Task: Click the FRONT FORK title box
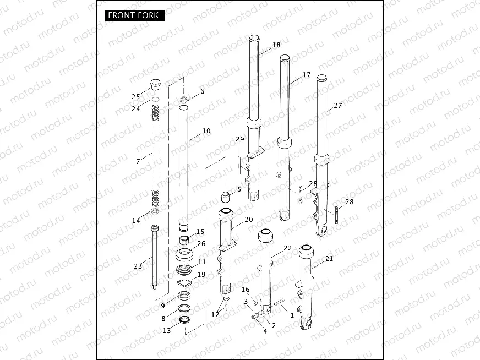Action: (133, 15)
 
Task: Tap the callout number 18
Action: (276, 45)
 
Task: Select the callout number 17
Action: (307, 75)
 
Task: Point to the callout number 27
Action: (337, 105)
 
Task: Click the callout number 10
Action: (206, 131)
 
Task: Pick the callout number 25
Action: (135, 97)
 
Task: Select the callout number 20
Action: (248, 219)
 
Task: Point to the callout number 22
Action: (287, 248)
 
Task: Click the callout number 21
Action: (329, 259)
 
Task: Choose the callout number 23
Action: (138, 266)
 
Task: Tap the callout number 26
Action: (201, 244)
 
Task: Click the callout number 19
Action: (201, 274)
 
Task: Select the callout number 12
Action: (215, 314)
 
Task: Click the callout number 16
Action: (245, 290)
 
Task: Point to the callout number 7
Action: (138, 162)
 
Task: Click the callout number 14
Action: (135, 221)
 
